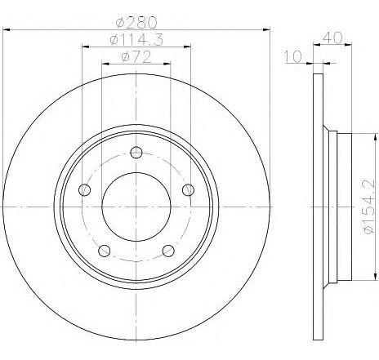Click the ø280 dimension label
pos(136,22)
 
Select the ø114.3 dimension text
pos(136,40)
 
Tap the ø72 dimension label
pos(136,57)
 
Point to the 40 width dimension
pos(332,38)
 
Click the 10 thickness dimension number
pos(293,57)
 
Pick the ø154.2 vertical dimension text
pos(369,207)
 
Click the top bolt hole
pos(136,153)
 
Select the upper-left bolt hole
pos(84,189)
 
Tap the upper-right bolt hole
pos(188,189)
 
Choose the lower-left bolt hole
pos(104,251)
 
